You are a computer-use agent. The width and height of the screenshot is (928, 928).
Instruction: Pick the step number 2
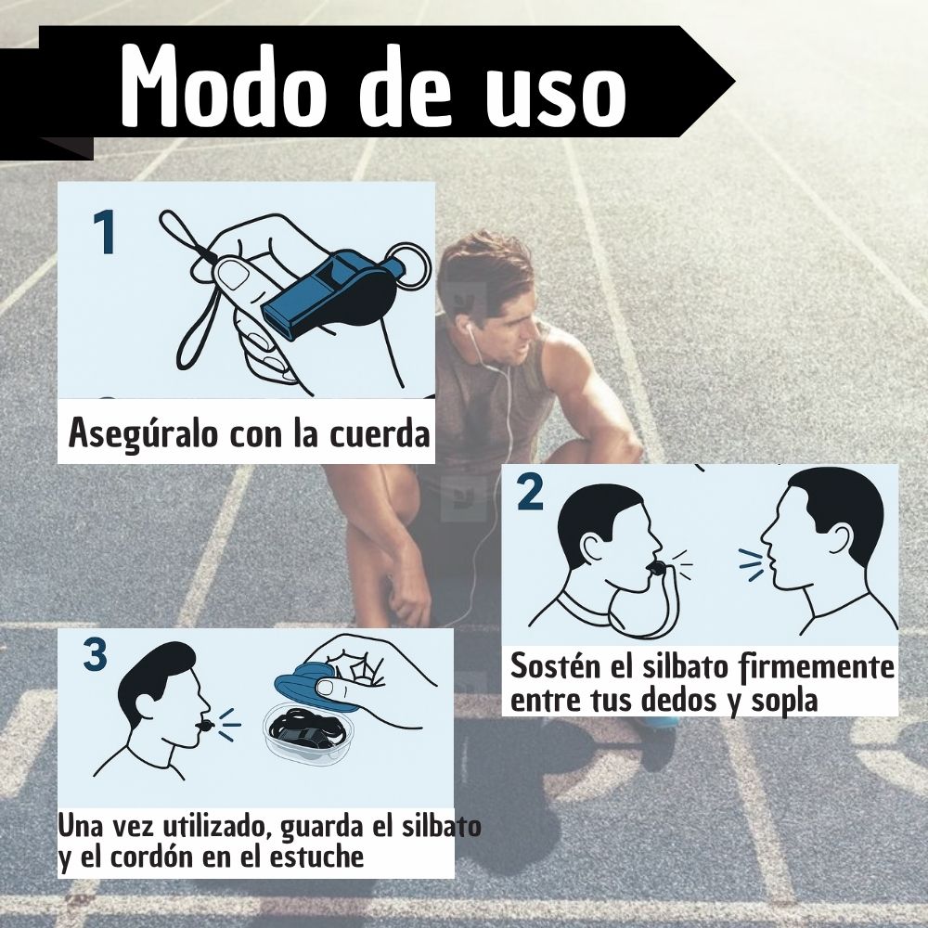coord(530,493)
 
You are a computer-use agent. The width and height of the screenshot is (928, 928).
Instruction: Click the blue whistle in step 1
coord(330,293)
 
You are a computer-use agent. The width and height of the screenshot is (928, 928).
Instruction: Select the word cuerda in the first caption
coord(380,433)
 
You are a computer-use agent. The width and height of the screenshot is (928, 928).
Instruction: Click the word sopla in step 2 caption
coord(784,702)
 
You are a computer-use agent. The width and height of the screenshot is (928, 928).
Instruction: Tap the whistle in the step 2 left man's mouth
coord(655,570)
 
